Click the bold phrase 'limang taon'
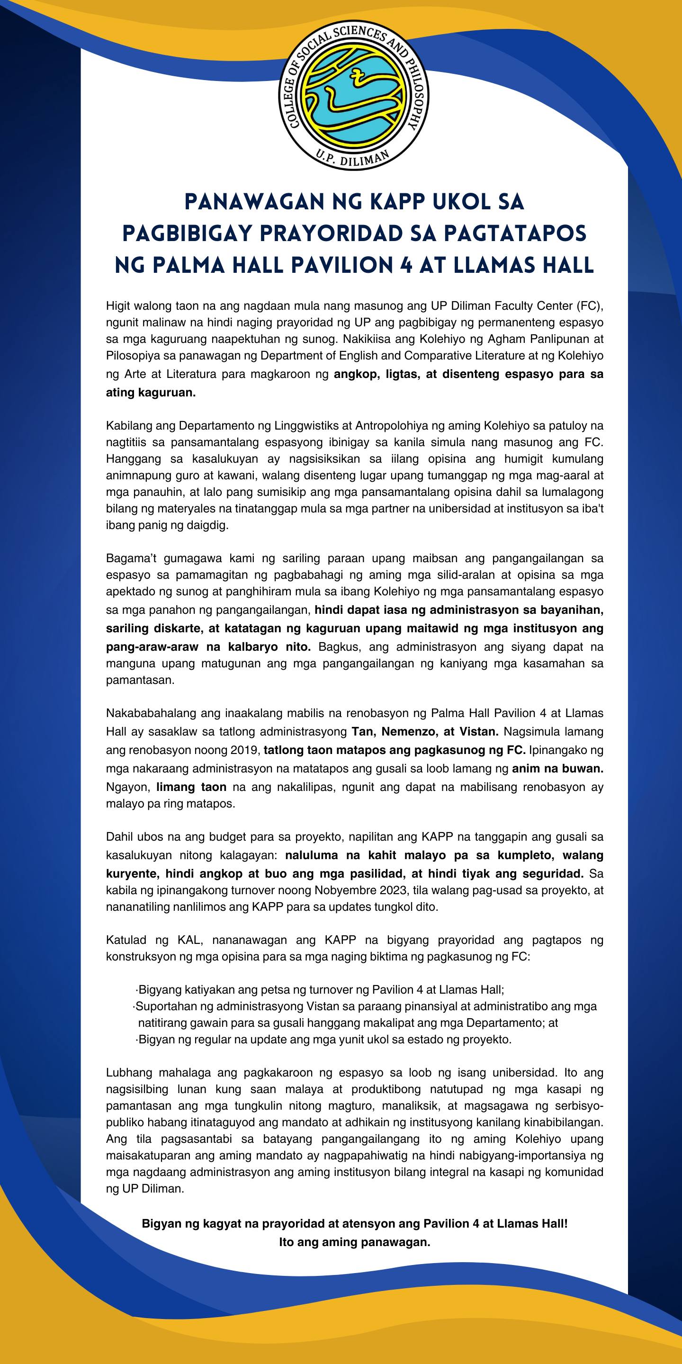(x=191, y=787)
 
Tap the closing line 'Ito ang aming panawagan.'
(x=354, y=1242)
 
